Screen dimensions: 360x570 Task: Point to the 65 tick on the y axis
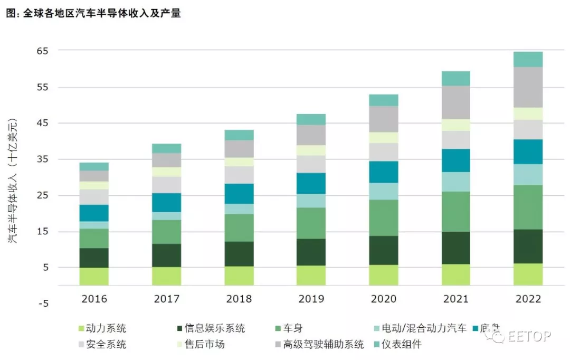42,51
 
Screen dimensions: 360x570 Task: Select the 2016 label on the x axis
94,299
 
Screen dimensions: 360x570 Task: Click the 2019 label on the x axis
311,299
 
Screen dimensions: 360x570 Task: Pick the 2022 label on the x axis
528,299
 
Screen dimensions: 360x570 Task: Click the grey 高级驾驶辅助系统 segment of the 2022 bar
528,87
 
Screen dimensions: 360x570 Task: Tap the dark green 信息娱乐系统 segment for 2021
455,248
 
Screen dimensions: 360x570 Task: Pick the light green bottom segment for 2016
94,277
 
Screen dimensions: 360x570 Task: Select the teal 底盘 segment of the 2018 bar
239,194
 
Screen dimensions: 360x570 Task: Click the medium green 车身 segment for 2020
383,217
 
